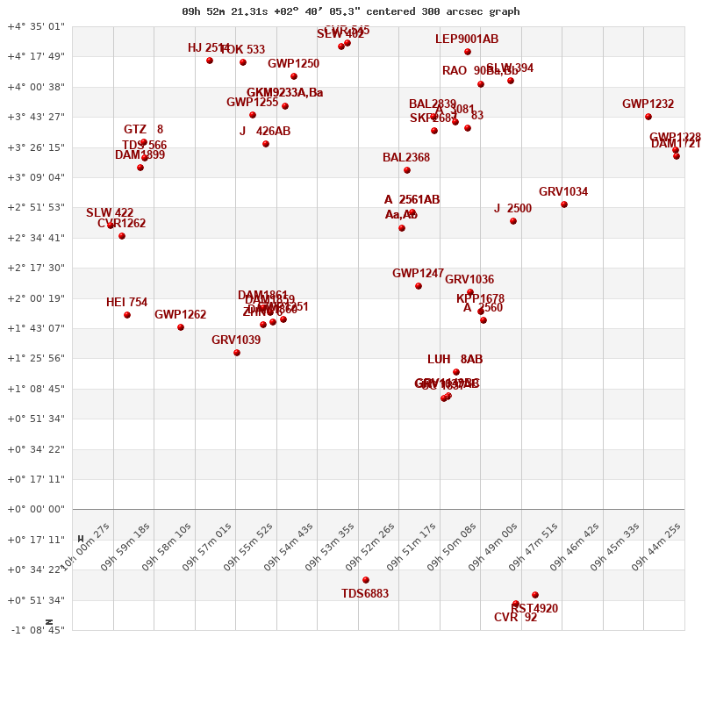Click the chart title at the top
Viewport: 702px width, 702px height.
[x=350, y=11]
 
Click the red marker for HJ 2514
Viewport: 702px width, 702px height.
[x=210, y=61]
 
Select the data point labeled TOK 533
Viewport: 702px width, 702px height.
[x=243, y=62]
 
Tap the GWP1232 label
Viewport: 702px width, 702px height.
[x=648, y=104]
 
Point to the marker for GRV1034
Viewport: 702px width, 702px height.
[x=564, y=204]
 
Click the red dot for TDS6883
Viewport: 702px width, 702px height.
[x=366, y=580]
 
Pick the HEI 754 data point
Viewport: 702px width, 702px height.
[x=127, y=315]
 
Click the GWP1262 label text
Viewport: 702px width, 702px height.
[x=180, y=314]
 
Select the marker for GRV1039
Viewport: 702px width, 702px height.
[x=237, y=353]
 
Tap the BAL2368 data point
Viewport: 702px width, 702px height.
[x=407, y=170]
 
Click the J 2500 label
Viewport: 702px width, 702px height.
[x=512, y=208]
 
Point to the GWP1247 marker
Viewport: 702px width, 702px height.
[x=419, y=286]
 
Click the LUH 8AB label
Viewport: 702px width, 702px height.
[x=455, y=359]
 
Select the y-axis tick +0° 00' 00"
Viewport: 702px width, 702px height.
[x=36, y=509]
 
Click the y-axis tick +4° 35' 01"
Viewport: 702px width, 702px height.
[x=36, y=26]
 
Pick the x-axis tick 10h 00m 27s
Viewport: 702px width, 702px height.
[x=90, y=548]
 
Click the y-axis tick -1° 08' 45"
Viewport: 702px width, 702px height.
[x=36, y=630]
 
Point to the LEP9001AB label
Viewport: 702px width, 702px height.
[x=466, y=39]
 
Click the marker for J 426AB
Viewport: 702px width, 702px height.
[x=266, y=144]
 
